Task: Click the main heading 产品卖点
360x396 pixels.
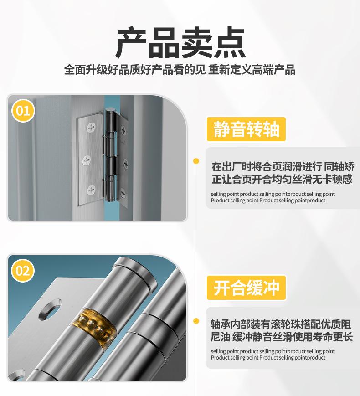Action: pos(180,42)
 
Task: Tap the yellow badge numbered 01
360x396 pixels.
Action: pos(23,111)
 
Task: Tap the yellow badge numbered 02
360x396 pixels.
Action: pos(23,271)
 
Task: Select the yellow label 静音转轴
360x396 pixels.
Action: pos(247,129)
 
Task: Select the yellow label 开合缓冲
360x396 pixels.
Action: pos(247,288)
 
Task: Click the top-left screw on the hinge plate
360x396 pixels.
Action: pos(91,127)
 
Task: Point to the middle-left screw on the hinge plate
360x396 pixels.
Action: pos(87,160)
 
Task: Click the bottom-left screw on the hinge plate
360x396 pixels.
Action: pos(91,190)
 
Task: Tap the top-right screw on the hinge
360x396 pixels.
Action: pos(123,130)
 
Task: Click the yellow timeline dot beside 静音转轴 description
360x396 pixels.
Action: pos(196,161)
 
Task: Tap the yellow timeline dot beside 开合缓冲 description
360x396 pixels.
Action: pos(196,321)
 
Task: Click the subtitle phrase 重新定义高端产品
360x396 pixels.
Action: pos(252,69)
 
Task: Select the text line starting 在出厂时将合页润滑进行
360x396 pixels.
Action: pos(283,167)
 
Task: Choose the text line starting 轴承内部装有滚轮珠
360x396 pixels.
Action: pos(281,324)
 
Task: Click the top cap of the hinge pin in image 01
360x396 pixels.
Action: pos(110,110)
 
